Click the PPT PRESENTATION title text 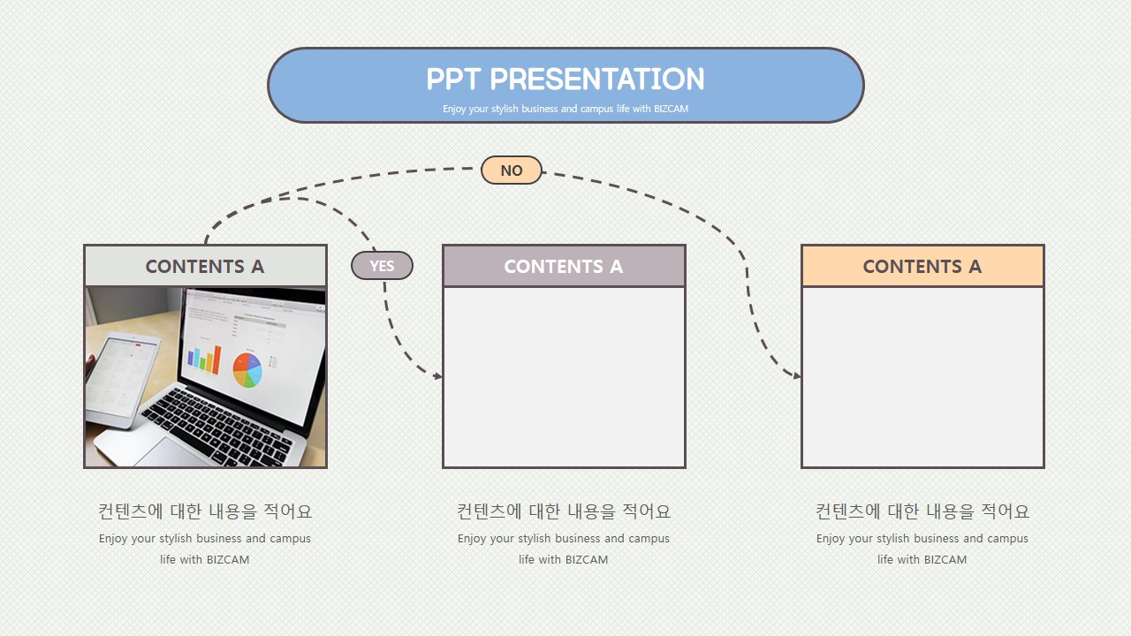coord(565,79)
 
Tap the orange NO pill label coord(512,170)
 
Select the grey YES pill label coord(382,266)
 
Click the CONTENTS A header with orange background coord(922,266)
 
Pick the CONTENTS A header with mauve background coord(564,266)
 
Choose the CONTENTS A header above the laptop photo coord(206,266)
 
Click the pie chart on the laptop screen coord(247,370)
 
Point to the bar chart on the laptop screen coord(204,359)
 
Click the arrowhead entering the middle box coord(437,376)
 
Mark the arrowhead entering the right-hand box coord(797,375)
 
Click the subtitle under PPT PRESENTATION coord(565,109)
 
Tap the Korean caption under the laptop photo coord(205,511)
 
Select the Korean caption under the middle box coord(564,511)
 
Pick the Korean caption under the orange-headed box coord(922,511)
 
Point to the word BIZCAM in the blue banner coord(671,109)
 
